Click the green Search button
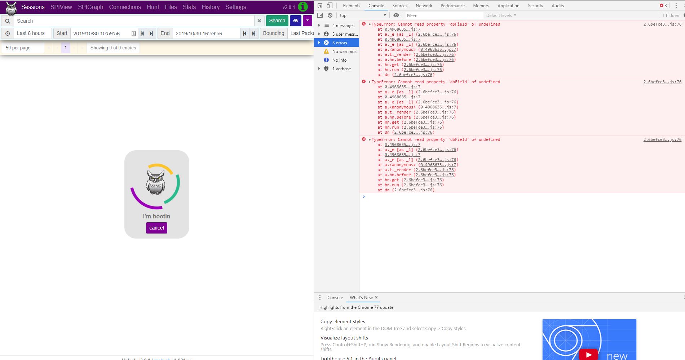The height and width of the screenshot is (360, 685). point(277,21)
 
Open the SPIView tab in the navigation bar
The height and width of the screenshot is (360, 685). point(61,7)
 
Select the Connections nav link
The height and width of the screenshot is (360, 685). point(125,7)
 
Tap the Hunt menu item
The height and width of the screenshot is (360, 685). point(153,7)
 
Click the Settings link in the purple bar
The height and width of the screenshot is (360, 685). point(235,7)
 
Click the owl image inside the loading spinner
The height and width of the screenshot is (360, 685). point(156,183)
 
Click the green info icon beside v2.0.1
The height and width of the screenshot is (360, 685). point(303,7)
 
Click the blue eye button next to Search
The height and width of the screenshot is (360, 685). point(295,21)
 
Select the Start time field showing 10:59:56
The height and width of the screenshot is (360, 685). point(100,34)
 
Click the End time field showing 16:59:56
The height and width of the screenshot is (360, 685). point(205,34)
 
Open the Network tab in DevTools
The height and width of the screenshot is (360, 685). point(424,6)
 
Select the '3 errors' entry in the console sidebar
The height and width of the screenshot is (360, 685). point(339,43)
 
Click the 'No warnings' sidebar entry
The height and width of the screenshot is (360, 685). point(344,52)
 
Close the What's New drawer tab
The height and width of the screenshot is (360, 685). point(376,297)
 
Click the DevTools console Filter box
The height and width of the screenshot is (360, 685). point(443,15)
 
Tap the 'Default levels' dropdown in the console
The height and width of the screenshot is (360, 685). point(501,15)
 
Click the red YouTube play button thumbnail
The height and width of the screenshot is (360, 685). point(588,355)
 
